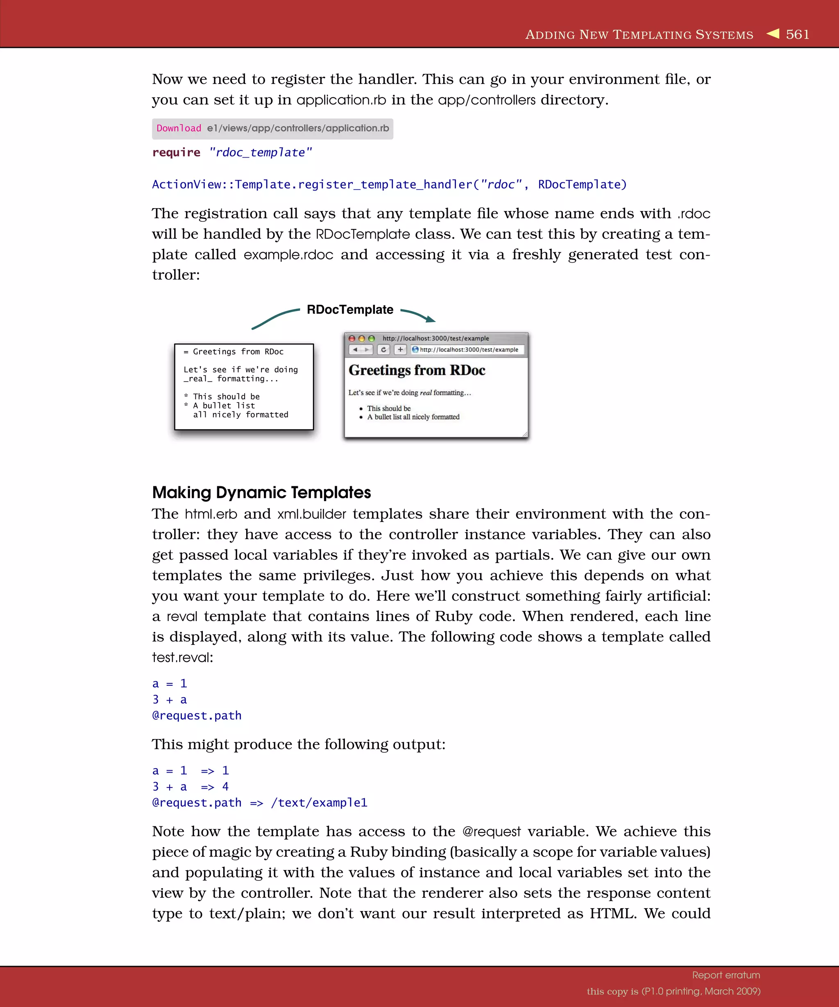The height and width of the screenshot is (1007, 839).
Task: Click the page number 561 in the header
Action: (x=797, y=34)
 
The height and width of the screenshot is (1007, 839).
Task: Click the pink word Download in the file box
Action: (x=179, y=129)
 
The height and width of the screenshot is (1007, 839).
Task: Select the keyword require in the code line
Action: (x=176, y=152)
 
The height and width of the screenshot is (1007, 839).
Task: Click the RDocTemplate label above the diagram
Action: (x=350, y=310)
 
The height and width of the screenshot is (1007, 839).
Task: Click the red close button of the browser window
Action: (x=352, y=338)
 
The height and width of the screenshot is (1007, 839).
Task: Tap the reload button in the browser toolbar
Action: (x=383, y=349)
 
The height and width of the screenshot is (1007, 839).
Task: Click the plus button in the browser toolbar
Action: (x=400, y=349)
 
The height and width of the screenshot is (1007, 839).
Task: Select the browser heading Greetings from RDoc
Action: (x=417, y=370)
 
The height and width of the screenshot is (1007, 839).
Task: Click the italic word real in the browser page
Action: (x=426, y=393)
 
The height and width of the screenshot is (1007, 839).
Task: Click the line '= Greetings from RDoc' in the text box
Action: (x=234, y=352)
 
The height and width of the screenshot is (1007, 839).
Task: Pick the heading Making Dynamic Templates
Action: (x=261, y=492)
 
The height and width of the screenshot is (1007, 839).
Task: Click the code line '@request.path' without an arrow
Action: (x=197, y=715)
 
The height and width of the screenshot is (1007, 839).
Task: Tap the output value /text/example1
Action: (x=319, y=803)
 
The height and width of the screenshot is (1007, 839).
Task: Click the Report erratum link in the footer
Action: (x=726, y=975)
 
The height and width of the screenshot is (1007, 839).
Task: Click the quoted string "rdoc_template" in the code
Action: (x=260, y=152)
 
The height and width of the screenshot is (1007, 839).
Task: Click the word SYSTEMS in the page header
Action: (x=724, y=35)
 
